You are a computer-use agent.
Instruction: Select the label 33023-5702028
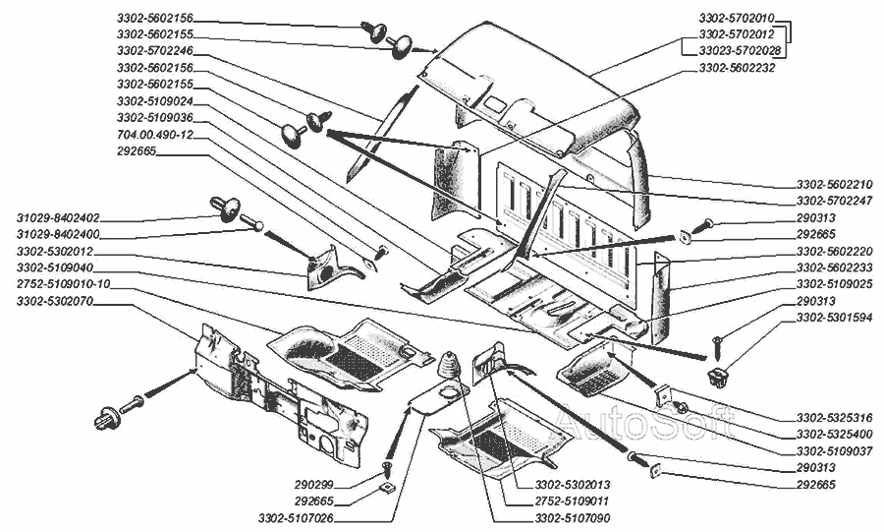pos(740,49)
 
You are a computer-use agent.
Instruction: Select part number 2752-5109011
pos(573,502)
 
